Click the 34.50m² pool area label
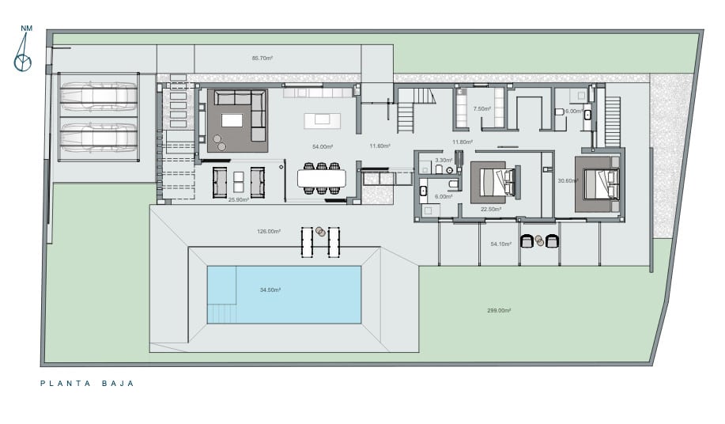click(270, 290)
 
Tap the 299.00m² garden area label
click(499, 310)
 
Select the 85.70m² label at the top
click(262, 59)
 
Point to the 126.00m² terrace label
click(269, 231)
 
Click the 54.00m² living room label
click(323, 146)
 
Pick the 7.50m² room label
click(481, 109)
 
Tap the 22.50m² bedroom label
click(491, 209)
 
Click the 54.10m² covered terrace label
click(501, 244)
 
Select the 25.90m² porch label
click(239, 200)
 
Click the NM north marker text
click(27, 28)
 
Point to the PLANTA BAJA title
click(87, 384)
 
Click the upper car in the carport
click(99, 97)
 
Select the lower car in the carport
click(99, 138)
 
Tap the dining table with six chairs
click(322, 178)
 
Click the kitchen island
click(323, 121)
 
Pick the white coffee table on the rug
click(232, 120)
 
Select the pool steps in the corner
click(221, 313)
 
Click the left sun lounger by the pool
click(307, 242)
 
